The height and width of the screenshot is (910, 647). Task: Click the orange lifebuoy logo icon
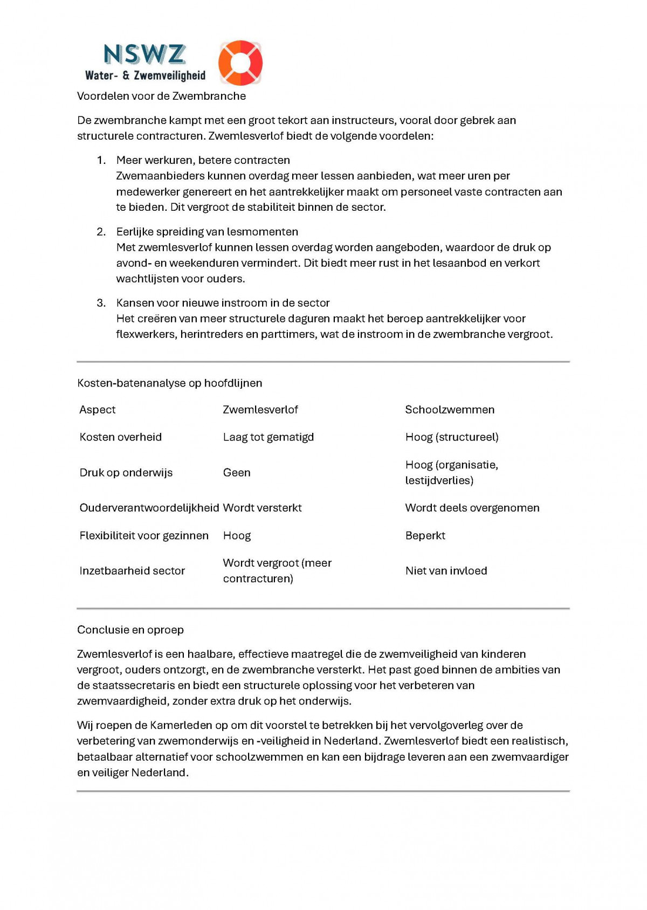coord(240,63)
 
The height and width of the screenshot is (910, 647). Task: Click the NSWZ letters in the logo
coord(144,54)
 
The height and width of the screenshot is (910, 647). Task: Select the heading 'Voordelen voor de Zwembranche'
coord(161,96)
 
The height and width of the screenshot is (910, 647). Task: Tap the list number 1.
coord(101,160)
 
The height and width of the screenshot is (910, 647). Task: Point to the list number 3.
coord(101,303)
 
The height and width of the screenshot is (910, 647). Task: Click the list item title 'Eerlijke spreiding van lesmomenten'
coord(207,232)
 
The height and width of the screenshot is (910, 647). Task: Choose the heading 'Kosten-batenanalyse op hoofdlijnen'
coord(169,383)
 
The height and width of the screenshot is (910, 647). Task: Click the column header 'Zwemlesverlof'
coord(260,410)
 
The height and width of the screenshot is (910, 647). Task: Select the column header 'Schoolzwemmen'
coord(450,410)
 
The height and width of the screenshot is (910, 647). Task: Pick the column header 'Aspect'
coord(98,410)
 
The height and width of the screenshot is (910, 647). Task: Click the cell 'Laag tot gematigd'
coord(269,437)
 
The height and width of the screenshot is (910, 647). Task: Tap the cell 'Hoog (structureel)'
coord(452,437)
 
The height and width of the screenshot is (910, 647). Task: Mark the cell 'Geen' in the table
coord(237,473)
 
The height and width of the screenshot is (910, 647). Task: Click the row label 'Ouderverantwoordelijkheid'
coord(149,508)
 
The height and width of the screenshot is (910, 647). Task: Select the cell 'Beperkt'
coord(425,536)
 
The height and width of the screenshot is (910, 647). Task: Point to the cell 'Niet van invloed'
coord(446,571)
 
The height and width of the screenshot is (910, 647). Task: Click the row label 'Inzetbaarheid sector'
coord(132,571)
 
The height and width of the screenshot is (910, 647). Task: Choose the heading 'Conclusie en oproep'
coord(130,630)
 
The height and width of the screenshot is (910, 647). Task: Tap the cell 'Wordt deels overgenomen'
coord(472,508)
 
